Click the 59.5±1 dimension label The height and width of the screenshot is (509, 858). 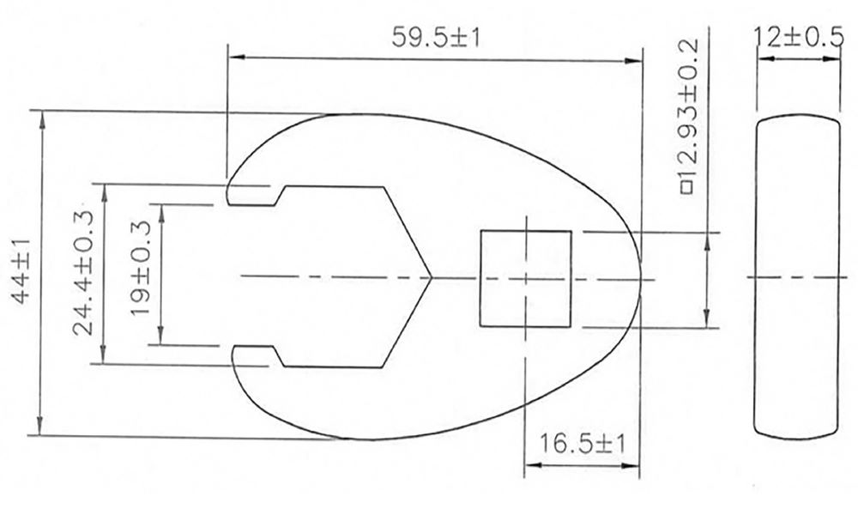(434, 38)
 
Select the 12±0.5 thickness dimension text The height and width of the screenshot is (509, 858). (795, 38)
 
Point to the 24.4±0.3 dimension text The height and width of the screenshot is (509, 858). (84, 273)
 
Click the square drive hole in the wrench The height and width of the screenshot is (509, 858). (525, 278)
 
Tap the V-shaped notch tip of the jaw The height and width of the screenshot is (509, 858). (432, 276)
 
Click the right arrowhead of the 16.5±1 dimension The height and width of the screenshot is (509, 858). (636, 467)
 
